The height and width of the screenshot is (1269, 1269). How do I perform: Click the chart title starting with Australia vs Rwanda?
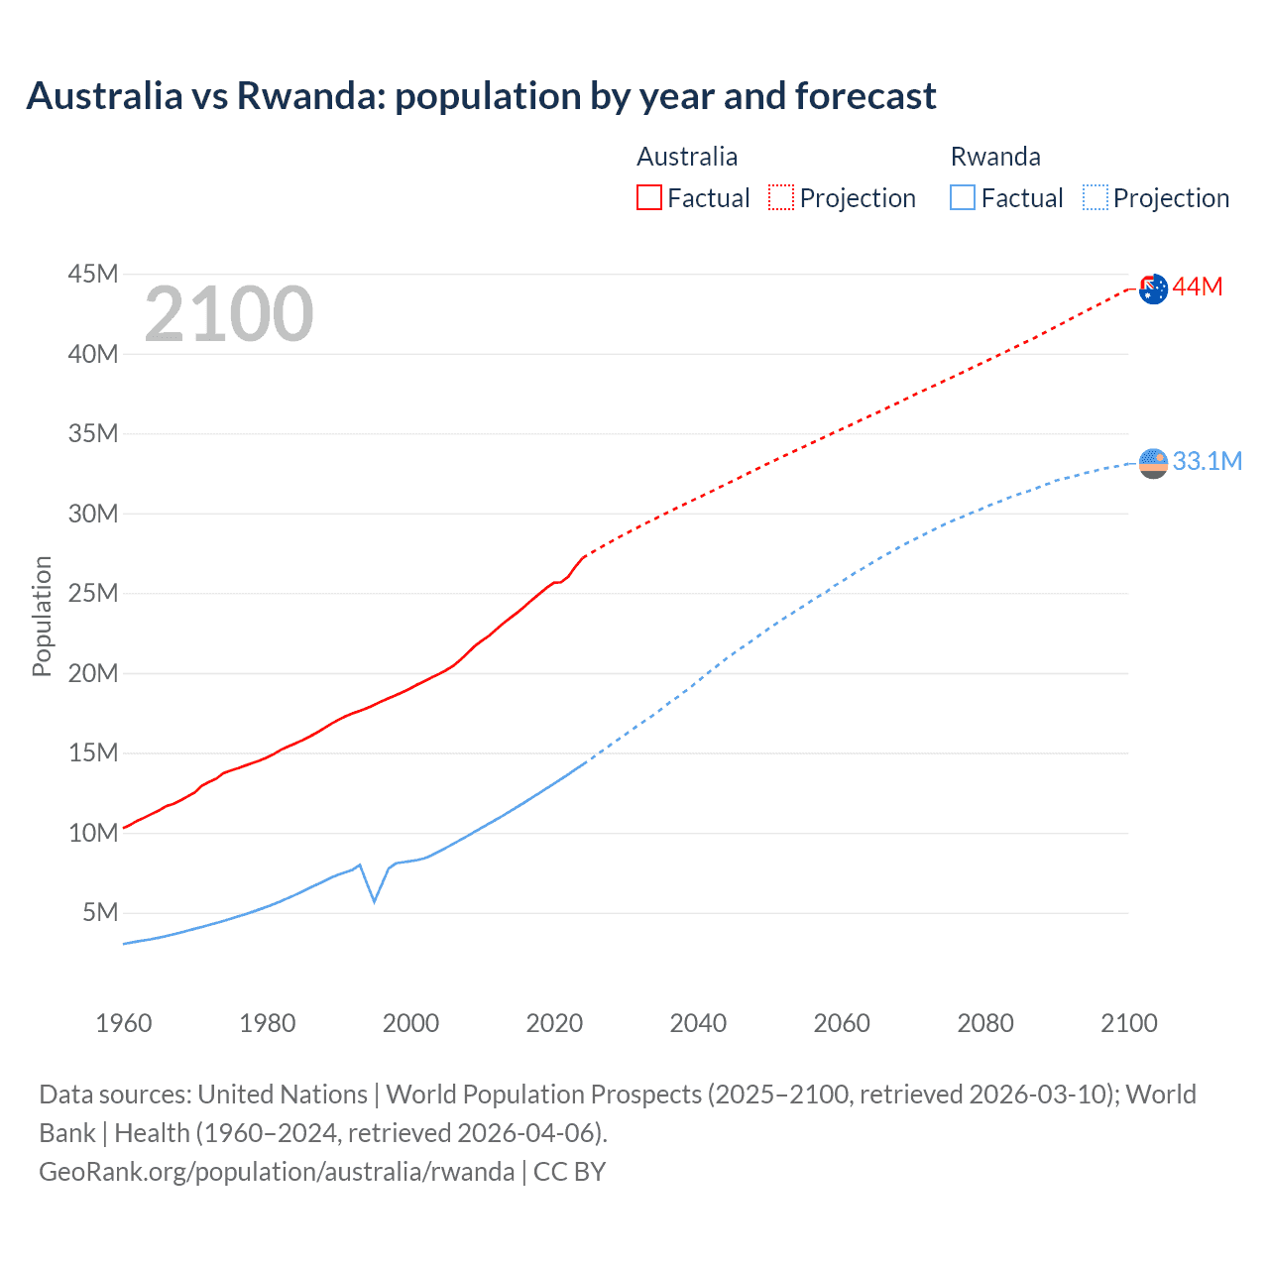pos(481,96)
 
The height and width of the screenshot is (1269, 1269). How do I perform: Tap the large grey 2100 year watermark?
pos(229,314)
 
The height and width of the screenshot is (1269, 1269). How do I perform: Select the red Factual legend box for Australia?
pos(649,198)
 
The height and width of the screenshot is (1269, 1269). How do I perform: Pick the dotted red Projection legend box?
pos(781,198)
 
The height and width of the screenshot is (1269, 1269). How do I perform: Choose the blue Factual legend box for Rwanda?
pos(963,198)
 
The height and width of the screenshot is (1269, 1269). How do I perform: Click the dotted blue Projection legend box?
pos(1096,198)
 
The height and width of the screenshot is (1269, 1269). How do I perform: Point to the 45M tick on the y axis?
pos(93,274)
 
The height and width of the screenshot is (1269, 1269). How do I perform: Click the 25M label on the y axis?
pos(93,593)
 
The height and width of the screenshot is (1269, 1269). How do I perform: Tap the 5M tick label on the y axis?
pos(100,912)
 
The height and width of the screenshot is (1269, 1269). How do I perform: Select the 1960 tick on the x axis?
pos(124,1023)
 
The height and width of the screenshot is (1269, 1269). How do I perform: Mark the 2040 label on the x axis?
pos(698,1023)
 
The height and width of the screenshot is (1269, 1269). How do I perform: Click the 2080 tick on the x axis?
pos(985,1023)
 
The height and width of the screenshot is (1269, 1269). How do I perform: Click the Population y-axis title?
pos(42,616)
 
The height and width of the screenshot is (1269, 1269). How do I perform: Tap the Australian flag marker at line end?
pos(1153,289)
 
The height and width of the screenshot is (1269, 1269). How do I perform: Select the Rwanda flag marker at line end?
pos(1153,463)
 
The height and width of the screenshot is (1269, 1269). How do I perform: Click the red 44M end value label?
pos(1198,288)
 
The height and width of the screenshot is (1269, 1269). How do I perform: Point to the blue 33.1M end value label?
pos(1207,461)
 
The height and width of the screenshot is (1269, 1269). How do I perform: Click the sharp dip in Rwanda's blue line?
pos(374,900)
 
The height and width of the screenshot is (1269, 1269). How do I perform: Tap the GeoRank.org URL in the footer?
pos(277,1172)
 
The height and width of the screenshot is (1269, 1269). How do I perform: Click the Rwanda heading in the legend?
pos(995,157)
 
